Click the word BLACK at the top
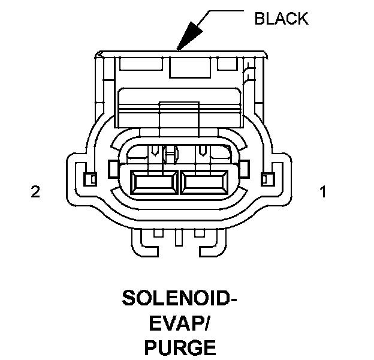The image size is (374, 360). tap(281, 19)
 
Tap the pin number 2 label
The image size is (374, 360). tap(35, 192)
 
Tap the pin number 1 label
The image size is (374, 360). tap(323, 192)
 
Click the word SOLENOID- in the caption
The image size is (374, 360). tap(176, 298)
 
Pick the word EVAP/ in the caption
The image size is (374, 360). tap(176, 323)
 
